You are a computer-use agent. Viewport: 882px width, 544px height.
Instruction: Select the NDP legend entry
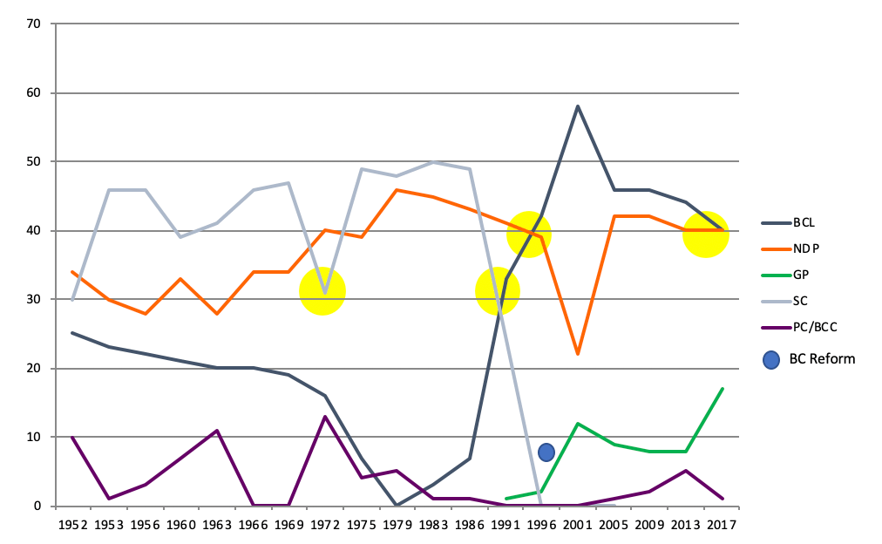(x=805, y=248)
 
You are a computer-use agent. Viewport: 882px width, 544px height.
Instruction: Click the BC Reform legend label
(x=822, y=358)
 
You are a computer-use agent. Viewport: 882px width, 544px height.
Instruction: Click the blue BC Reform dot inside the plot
(x=546, y=452)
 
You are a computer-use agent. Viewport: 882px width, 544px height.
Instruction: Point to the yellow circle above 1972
(x=322, y=291)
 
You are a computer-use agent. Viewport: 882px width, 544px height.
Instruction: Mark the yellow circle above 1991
(x=498, y=291)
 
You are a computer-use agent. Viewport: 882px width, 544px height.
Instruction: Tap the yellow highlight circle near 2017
(x=705, y=235)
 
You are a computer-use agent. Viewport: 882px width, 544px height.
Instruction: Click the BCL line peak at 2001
(x=577, y=106)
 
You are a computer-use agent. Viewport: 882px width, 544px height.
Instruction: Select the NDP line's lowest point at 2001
(x=577, y=354)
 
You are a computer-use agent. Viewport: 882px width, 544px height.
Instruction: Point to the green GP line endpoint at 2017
(x=723, y=389)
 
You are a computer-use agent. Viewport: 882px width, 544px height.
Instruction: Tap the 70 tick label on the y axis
(x=33, y=24)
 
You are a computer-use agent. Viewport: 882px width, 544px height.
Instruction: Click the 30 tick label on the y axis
(x=33, y=299)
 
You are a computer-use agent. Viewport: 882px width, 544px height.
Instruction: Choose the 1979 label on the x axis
(x=397, y=525)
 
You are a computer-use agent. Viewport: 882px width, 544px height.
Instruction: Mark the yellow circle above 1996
(x=529, y=235)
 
